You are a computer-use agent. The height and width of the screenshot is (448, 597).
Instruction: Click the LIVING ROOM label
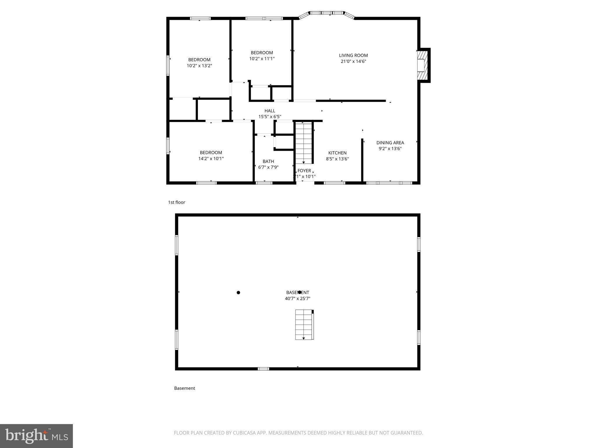[x=353, y=55]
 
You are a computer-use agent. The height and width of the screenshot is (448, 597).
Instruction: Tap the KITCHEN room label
[x=337, y=153]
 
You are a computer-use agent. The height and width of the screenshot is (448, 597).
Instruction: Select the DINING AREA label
[x=390, y=143]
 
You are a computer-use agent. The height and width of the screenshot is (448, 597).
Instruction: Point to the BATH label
[x=268, y=161]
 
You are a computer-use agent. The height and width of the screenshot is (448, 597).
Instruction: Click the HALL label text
[x=270, y=111]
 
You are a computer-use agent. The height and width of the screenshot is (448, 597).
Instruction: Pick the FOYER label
[x=304, y=171]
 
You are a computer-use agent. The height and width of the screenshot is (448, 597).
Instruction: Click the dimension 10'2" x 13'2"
[x=199, y=66]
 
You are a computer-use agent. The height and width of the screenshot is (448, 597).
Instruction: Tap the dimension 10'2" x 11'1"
[x=262, y=59]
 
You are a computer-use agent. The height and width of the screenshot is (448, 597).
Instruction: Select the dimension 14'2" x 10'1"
[x=211, y=159]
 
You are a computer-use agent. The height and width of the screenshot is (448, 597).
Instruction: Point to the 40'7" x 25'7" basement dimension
[x=297, y=299]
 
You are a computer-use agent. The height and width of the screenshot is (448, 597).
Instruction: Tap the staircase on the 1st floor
[x=304, y=143]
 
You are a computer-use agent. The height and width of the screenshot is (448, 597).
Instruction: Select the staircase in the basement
[x=304, y=325]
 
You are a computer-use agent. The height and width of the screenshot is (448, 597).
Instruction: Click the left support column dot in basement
[x=238, y=293]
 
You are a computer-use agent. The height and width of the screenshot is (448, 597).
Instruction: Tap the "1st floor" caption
[x=177, y=202]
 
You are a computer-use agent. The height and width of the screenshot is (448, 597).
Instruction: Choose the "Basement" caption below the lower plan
[x=185, y=388]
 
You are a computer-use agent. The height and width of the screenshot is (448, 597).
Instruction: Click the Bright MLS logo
[x=36, y=436]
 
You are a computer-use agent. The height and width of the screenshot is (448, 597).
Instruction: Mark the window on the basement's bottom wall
[x=263, y=369]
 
